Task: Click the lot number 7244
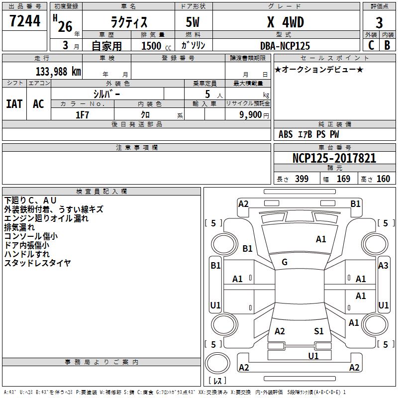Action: pos(25,21)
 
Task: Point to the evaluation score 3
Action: pos(379,22)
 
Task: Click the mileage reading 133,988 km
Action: pos(59,72)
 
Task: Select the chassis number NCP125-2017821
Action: pos(334,159)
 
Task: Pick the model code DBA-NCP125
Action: pos(285,46)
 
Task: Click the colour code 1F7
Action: pos(82,114)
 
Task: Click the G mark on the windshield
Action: pos(285,262)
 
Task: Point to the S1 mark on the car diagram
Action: pos(319,331)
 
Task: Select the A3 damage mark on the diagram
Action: pos(383,265)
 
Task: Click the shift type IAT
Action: pos(14,104)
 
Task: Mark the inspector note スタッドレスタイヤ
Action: pos(37,263)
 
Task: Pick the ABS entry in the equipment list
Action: pos(286,134)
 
